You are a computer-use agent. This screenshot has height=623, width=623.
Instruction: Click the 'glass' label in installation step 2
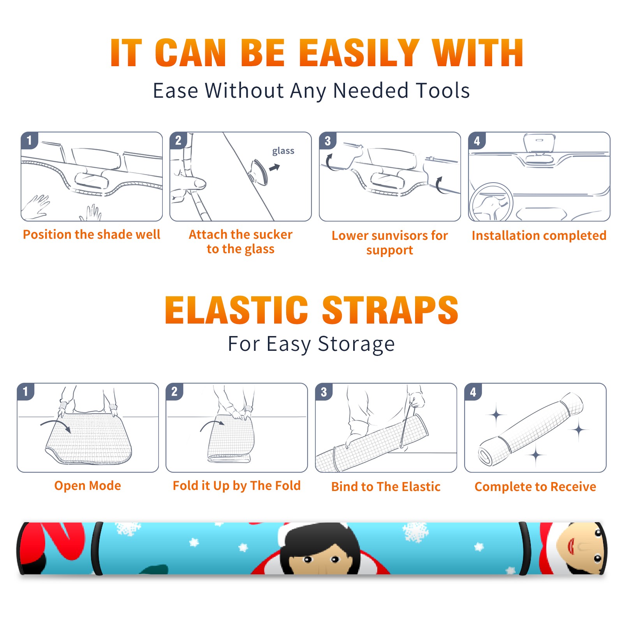(x=283, y=151)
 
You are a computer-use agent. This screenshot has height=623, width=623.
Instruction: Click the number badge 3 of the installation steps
(x=327, y=141)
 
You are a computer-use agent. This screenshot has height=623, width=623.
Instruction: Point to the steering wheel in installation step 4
(x=491, y=202)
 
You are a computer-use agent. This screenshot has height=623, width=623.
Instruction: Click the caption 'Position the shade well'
(x=92, y=234)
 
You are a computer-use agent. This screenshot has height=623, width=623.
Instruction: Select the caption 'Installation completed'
(x=539, y=236)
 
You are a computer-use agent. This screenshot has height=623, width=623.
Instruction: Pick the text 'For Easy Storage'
(x=311, y=344)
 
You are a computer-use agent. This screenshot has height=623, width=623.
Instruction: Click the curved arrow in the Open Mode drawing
(x=56, y=425)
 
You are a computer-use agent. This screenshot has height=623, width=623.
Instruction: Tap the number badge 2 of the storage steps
(x=174, y=392)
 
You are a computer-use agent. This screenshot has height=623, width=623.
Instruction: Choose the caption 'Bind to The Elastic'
(x=386, y=487)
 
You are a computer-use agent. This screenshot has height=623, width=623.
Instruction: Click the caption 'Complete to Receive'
(x=535, y=487)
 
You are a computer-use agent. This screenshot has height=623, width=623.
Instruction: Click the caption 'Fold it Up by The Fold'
(x=237, y=486)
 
